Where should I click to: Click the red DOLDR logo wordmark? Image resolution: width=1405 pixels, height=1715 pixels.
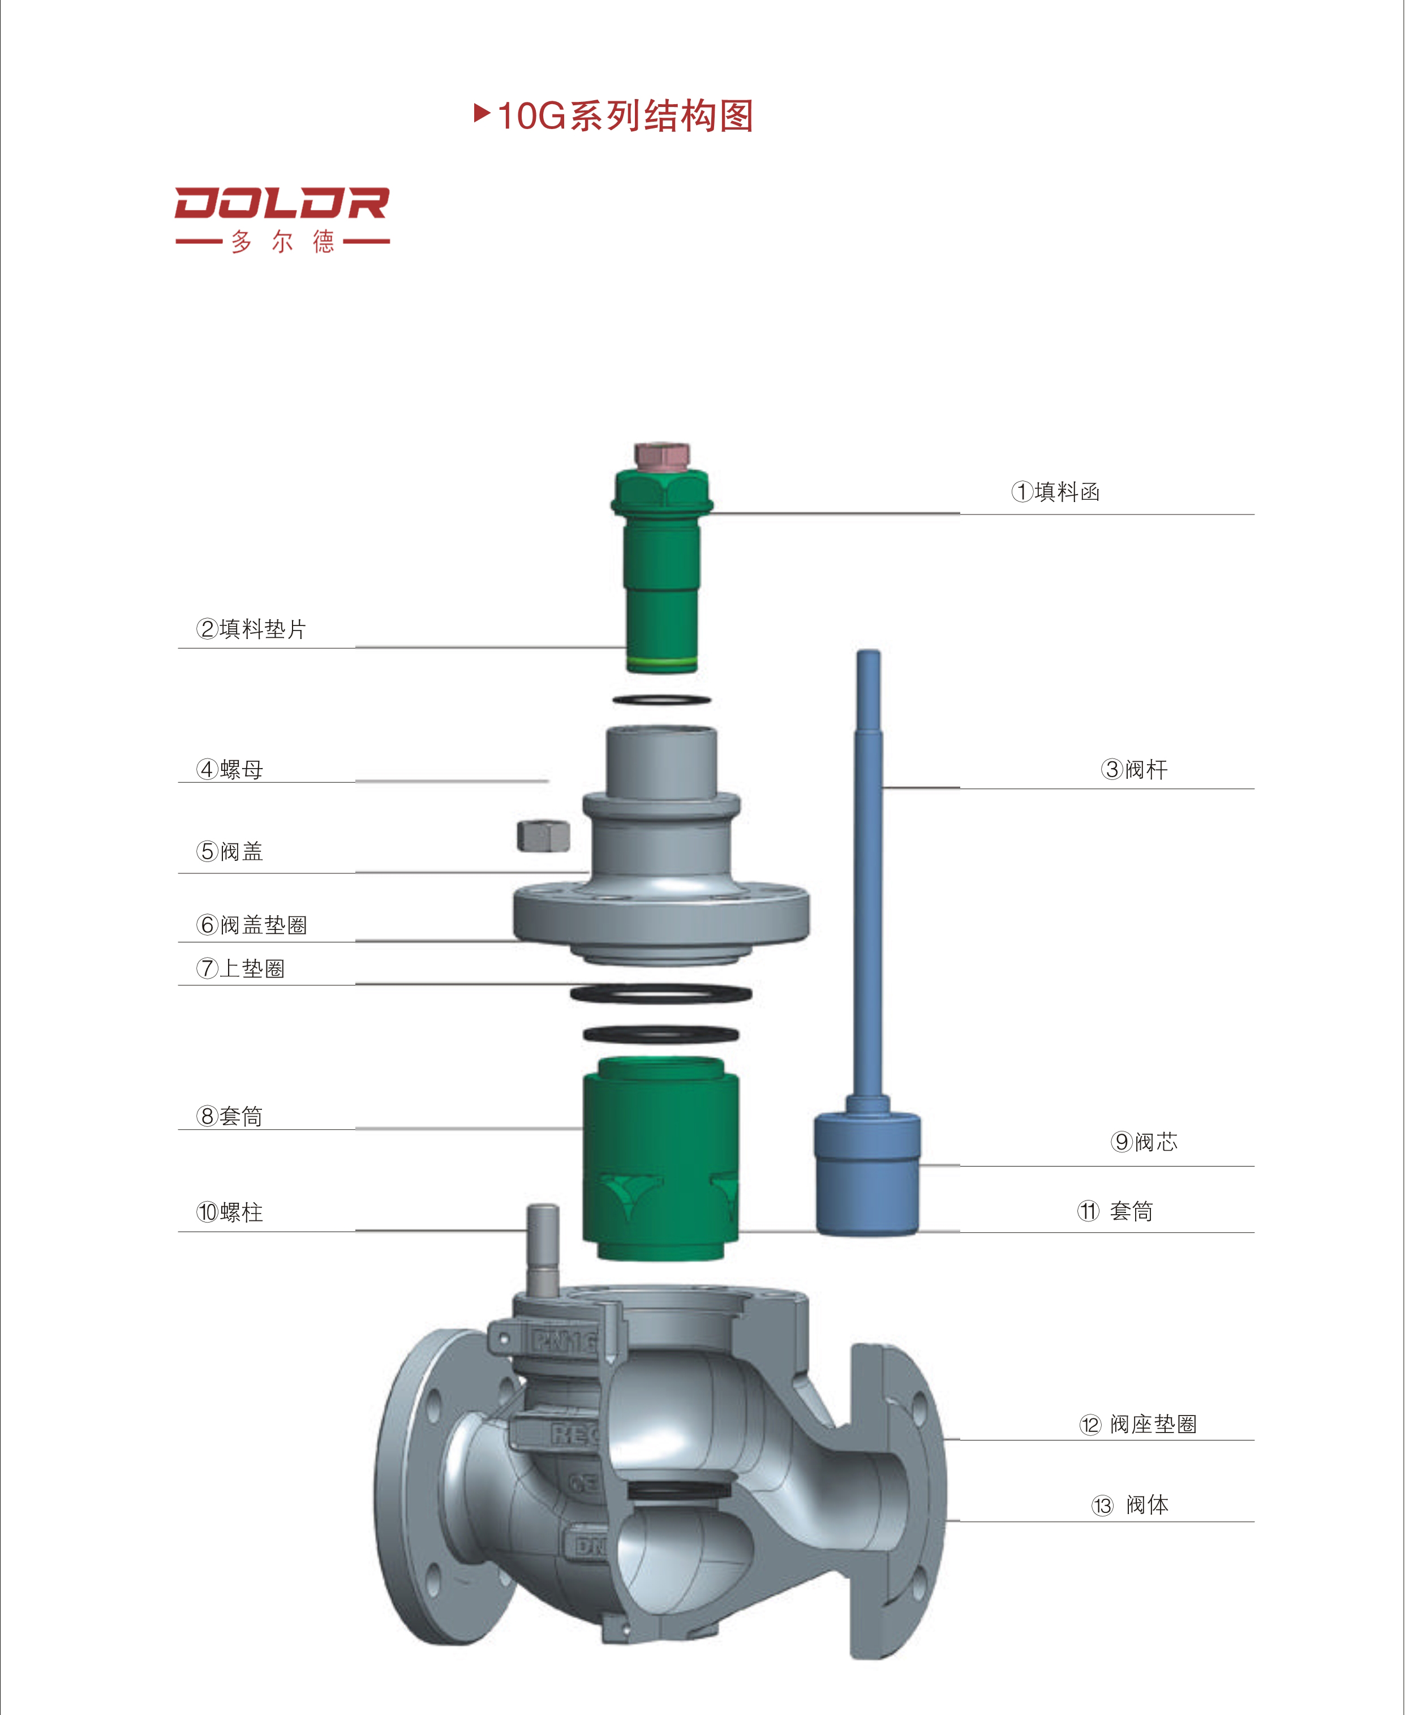[282, 203]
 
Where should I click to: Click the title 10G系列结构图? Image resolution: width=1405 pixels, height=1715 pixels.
[625, 115]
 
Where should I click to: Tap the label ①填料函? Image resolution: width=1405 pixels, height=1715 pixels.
[1055, 491]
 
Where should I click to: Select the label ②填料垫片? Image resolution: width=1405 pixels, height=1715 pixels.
[251, 629]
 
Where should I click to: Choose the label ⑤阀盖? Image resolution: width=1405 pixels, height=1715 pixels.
[230, 851]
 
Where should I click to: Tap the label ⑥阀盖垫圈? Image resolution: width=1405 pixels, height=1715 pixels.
[252, 925]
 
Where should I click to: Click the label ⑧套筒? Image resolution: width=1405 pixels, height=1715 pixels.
[230, 1116]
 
